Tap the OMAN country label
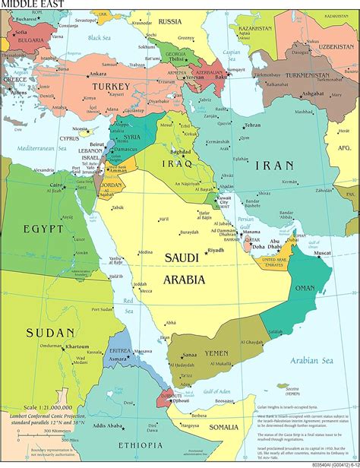coord(305,288)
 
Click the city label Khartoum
coord(77,346)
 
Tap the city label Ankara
coord(97,74)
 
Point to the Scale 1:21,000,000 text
coord(34,408)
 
